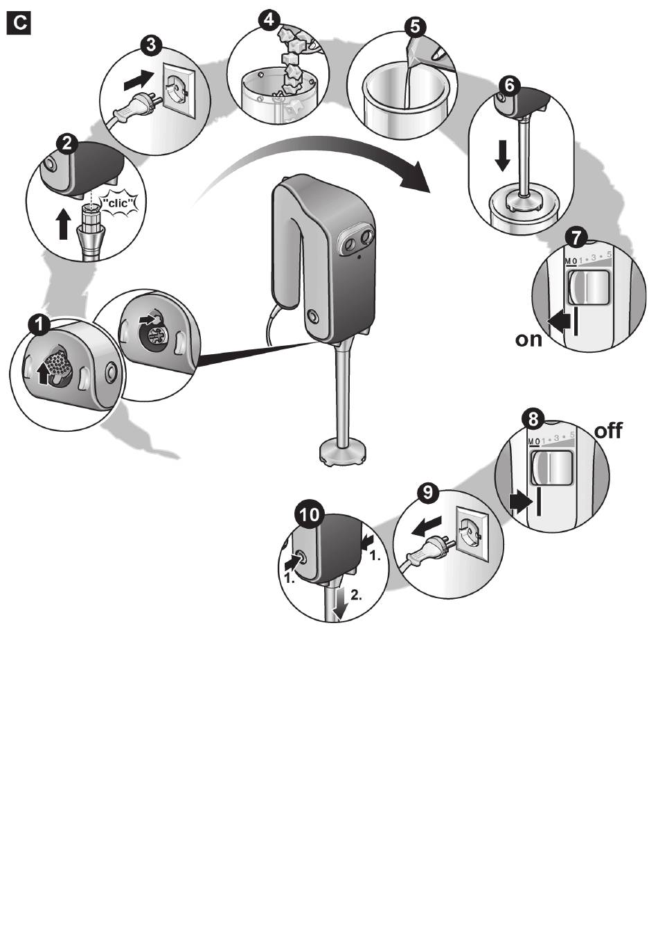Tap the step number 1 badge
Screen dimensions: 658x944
40,324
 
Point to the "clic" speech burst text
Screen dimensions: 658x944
121,204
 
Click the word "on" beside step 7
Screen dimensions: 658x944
528,339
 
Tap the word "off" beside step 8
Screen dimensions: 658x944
608,430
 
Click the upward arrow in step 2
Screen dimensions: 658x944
64,224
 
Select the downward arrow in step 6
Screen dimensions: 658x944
502,156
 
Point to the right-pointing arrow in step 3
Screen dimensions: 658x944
139,80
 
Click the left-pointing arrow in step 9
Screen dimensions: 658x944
427,526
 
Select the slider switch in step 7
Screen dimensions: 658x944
589,288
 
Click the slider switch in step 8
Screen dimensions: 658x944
551,468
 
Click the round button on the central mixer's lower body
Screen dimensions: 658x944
312,316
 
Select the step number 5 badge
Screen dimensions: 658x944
415,27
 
